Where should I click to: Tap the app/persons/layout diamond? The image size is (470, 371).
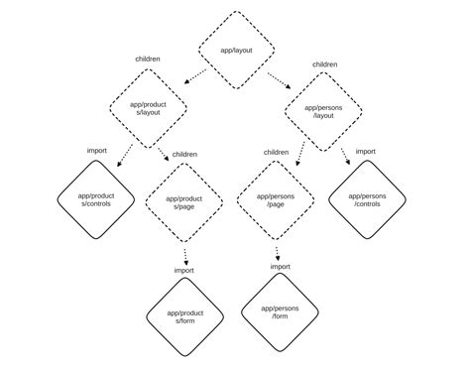click(324, 112)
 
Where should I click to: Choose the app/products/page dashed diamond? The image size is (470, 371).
click(183, 202)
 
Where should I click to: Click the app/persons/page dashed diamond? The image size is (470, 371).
click(276, 201)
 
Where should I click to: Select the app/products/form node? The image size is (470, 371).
click(185, 316)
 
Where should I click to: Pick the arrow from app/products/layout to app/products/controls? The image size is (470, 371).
click(125, 155)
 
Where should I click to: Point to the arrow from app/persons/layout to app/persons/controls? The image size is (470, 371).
click(344, 156)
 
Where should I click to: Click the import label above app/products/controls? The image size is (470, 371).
click(97, 150)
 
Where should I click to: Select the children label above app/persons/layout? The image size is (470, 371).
click(324, 64)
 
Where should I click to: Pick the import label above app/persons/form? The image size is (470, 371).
click(281, 266)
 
